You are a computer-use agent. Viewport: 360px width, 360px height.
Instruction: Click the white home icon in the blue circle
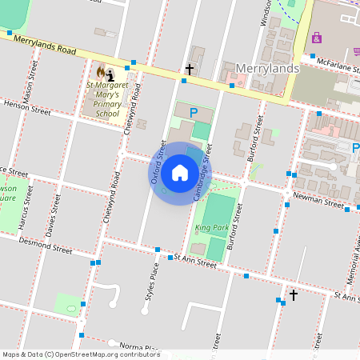pyautogui.click(x=180, y=173)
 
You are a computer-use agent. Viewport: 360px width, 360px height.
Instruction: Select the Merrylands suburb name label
pyautogui.click(x=267, y=69)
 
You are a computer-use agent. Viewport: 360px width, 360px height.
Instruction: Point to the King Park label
pyautogui.click(x=206, y=229)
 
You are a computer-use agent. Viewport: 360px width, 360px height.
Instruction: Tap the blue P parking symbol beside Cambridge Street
pyautogui.click(x=193, y=126)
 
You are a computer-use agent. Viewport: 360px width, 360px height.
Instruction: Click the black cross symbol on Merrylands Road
pyautogui.click(x=190, y=70)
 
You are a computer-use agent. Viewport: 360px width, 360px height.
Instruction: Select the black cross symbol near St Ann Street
pyautogui.click(x=293, y=295)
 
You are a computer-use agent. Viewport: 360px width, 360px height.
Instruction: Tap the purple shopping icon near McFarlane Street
pyautogui.click(x=318, y=38)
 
